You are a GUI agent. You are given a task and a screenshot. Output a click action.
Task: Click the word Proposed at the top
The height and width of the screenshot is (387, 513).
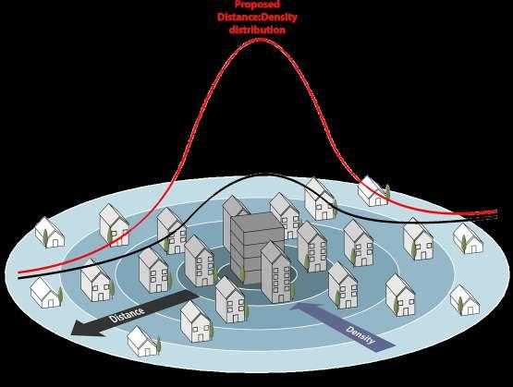point(257,5)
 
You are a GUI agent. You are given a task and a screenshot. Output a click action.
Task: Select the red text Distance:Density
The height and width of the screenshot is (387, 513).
point(257,17)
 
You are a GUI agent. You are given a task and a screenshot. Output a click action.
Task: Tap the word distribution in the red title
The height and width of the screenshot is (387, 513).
point(257,30)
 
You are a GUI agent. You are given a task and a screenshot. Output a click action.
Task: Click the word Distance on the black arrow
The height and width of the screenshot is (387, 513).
point(127,314)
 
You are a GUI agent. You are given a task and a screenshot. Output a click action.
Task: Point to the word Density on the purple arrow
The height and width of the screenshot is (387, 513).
point(360,335)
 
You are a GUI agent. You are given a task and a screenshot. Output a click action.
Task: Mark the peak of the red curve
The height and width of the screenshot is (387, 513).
point(260,40)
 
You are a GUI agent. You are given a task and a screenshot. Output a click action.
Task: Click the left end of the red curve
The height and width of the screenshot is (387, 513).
point(19,272)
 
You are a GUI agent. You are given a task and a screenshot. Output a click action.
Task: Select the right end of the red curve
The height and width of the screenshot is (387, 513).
point(496,212)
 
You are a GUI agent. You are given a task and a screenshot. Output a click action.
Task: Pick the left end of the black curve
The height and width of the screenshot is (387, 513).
point(19,278)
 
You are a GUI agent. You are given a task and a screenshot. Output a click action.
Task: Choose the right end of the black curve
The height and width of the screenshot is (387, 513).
point(496,217)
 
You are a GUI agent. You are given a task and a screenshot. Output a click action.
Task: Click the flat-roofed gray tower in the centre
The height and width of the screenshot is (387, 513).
point(257,248)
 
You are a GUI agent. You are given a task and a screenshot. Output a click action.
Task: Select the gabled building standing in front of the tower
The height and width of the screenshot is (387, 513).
point(275,272)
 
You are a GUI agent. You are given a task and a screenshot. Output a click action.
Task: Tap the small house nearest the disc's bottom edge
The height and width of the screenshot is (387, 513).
point(142,342)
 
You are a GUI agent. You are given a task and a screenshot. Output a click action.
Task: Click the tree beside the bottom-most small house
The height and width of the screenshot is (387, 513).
point(159,345)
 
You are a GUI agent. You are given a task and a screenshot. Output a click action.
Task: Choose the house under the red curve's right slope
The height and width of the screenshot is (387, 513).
point(373,191)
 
